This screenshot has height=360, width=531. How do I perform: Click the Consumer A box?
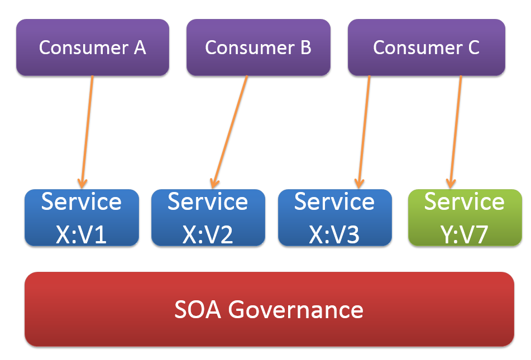point(92,47)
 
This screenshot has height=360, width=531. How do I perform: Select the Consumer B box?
point(257,47)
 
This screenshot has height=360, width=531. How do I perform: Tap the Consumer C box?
point(426,47)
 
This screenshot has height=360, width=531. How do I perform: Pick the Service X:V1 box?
point(82,218)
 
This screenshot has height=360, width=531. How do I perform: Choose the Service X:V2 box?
point(208,218)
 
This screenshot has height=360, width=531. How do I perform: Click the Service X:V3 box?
point(334,218)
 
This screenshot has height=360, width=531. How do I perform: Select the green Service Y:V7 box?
point(465,218)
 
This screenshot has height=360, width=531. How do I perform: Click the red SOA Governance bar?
point(269,309)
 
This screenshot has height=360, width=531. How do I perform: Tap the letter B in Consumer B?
point(305,47)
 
